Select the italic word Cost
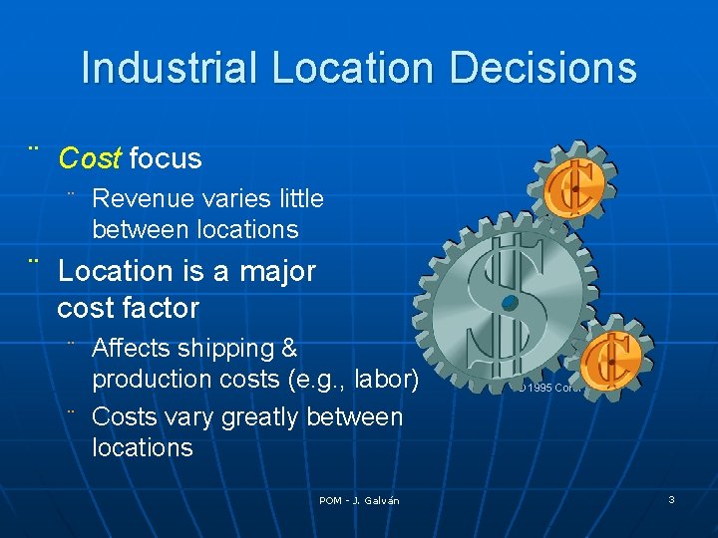click(x=90, y=158)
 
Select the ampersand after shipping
click(x=289, y=349)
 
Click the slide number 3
click(x=671, y=499)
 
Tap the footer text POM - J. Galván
click(x=359, y=500)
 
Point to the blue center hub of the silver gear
click(x=511, y=301)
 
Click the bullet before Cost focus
click(x=35, y=150)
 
